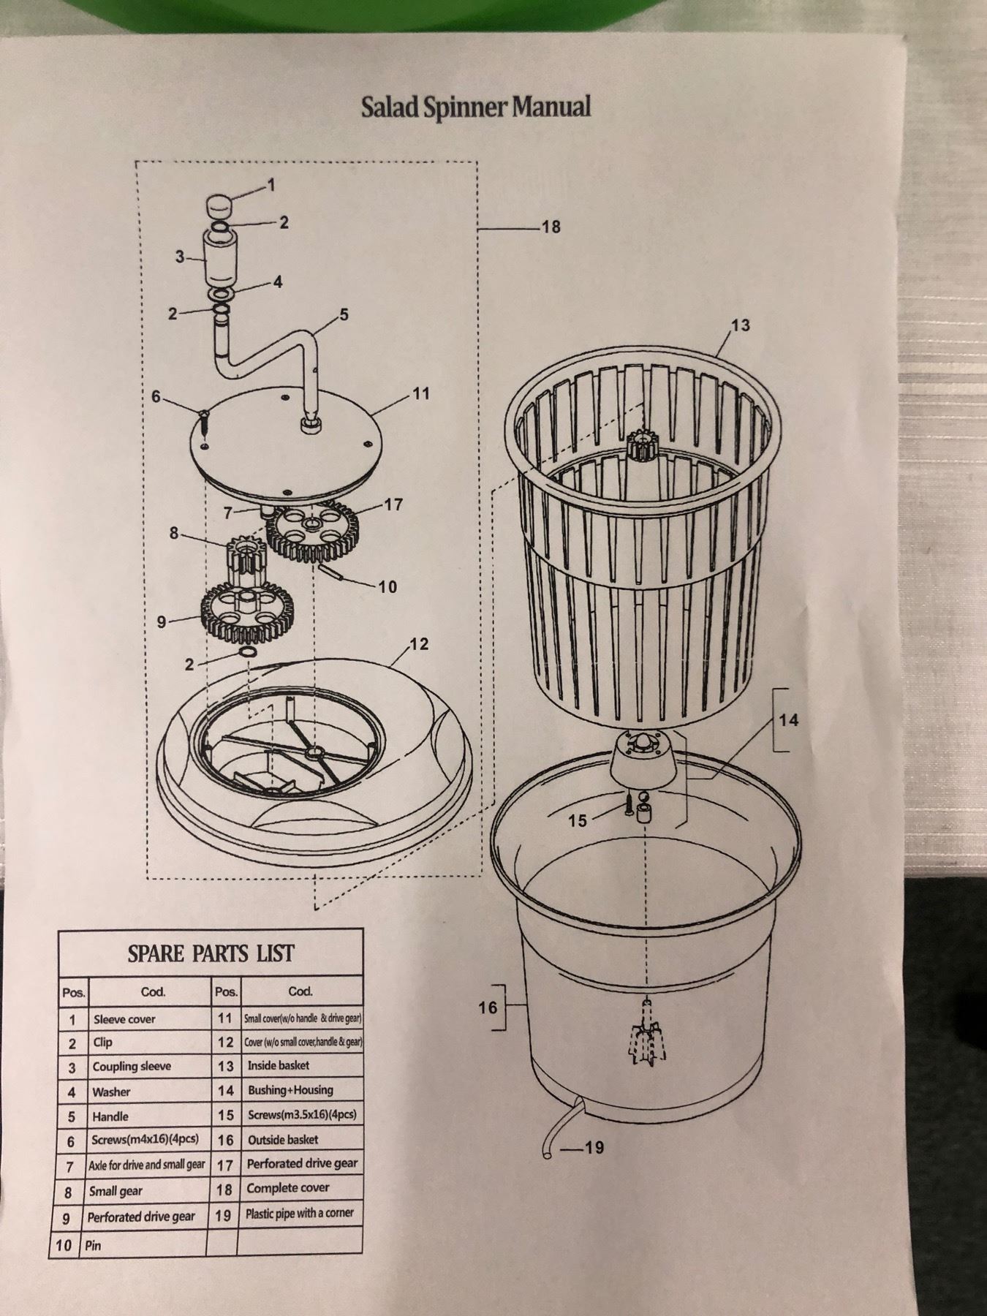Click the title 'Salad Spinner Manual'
click(475, 107)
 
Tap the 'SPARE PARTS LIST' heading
click(211, 953)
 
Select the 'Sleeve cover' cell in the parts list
click(124, 1019)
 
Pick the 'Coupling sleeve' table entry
click(132, 1067)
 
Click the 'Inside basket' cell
click(278, 1065)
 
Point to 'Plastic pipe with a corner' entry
click(300, 1213)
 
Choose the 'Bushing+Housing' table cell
click(290, 1089)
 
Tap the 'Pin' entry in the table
click(93, 1245)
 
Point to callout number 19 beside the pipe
click(594, 1147)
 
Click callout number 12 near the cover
click(420, 644)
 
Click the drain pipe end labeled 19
click(547, 1153)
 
